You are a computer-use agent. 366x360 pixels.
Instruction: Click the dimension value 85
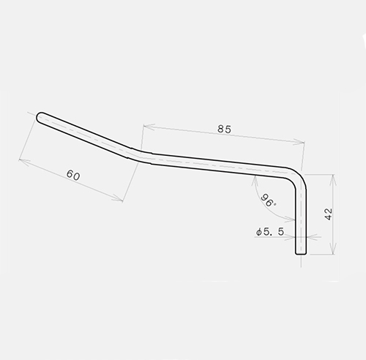(224, 129)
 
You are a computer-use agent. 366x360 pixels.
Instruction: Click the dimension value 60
(73, 175)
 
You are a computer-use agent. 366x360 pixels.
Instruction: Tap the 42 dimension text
(329, 214)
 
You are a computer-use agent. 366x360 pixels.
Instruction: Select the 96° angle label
(268, 200)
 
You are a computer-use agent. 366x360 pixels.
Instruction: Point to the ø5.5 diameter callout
(270, 232)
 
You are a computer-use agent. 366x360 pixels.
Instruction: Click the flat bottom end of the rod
(301, 254)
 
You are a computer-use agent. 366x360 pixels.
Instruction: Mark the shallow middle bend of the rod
(141, 154)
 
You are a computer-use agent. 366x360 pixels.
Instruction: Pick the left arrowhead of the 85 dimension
(149, 127)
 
